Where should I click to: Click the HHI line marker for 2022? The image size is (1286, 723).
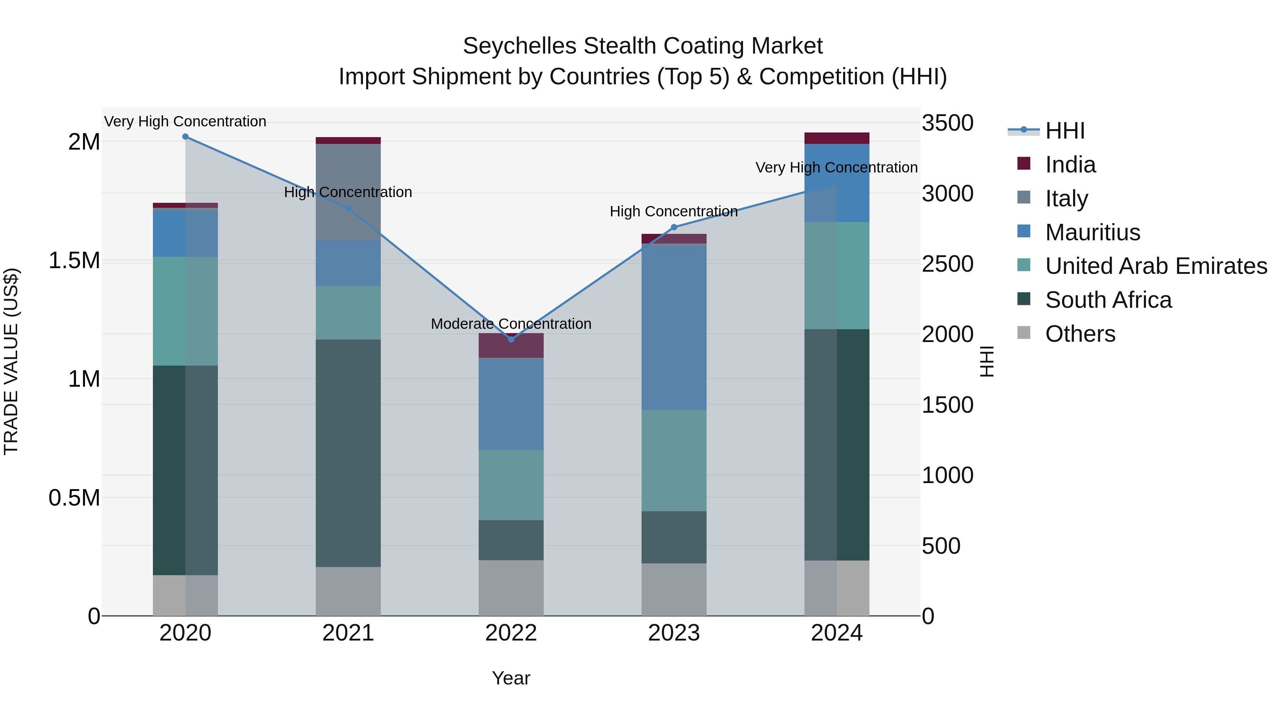511,339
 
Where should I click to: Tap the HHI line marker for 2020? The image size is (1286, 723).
185,137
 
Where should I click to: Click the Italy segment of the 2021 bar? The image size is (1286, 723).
348,192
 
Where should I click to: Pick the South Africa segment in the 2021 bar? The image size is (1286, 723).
348,453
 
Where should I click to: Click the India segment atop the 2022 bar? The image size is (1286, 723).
511,346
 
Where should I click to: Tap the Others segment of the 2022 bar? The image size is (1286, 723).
511,587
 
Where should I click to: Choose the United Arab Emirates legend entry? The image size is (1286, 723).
1155,266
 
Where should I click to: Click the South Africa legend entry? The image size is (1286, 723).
1108,300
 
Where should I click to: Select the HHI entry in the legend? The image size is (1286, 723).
1065,131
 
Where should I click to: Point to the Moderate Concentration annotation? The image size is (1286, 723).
511,324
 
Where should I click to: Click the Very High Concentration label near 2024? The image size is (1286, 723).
836,168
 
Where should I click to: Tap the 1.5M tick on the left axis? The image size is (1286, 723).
74,261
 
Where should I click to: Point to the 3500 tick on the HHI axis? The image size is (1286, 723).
947,123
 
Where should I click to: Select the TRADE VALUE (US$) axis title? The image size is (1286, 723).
11,361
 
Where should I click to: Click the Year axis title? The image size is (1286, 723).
511,678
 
